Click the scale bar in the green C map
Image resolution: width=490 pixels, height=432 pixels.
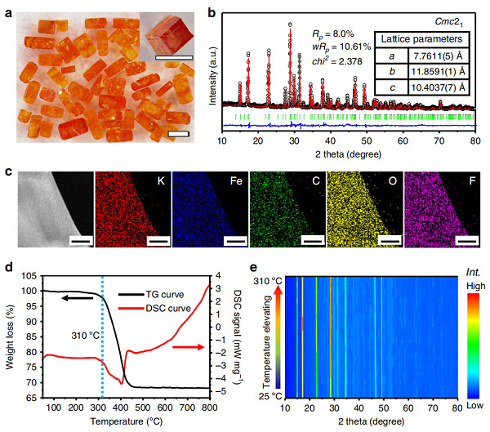coord(313,241)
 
